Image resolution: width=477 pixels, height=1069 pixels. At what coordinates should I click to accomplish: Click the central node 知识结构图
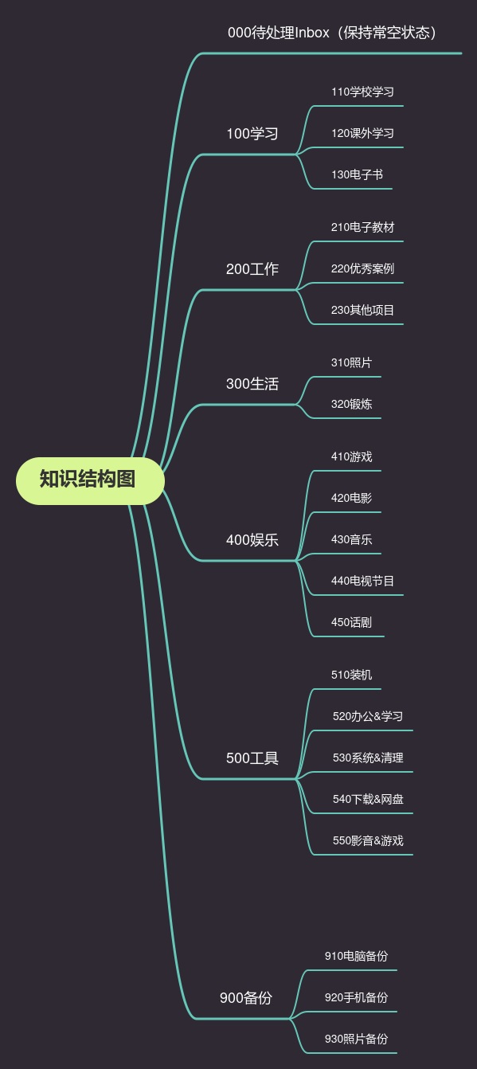tap(90, 480)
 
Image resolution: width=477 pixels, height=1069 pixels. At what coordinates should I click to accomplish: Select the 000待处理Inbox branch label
tap(331, 33)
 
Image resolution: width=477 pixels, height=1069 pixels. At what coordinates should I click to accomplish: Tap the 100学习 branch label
tap(252, 134)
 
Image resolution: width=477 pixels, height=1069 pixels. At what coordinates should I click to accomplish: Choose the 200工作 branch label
tap(252, 269)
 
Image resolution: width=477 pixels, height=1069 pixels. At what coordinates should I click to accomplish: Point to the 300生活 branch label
tap(252, 384)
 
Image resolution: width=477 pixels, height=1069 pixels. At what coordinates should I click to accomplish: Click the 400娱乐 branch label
tap(252, 540)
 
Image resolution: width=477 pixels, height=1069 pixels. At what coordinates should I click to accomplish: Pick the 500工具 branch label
tap(252, 758)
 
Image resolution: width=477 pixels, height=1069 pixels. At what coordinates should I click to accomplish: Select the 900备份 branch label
tap(245, 997)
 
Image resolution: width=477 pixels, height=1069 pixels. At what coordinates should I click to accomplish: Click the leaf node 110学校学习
tap(362, 92)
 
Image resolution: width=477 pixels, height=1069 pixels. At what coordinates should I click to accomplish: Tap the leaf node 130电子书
tap(357, 174)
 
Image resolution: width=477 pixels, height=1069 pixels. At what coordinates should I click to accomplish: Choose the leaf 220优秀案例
tap(362, 268)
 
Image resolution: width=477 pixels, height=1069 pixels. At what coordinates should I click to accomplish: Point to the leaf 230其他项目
tap(362, 310)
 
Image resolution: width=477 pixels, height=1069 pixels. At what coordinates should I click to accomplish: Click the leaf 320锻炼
tap(351, 404)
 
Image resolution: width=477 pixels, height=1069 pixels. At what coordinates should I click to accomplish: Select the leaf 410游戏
tap(351, 456)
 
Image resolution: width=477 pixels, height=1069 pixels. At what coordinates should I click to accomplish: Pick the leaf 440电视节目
tap(362, 581)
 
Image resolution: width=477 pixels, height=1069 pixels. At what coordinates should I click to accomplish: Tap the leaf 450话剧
tap(351, 622)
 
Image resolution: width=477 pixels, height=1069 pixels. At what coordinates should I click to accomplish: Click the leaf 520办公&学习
tap(368, 716)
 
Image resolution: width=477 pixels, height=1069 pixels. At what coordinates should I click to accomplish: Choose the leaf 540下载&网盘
tap(368, 799)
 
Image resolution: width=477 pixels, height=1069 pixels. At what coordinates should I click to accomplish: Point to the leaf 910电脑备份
tap(356, 956)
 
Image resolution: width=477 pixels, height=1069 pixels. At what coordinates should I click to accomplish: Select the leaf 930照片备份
tap(356, 1039)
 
